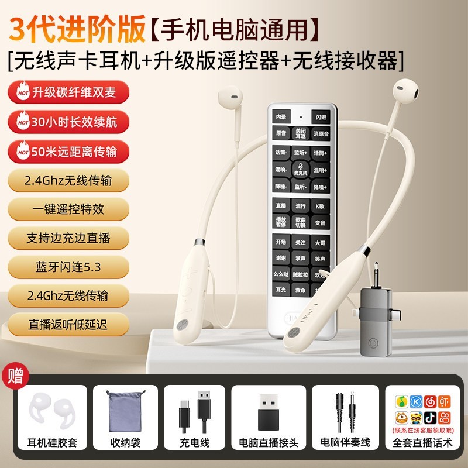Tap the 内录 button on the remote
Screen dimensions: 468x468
(x=281, y=116)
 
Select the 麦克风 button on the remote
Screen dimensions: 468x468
(x=301, y=170)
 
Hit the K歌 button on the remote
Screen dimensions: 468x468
(x=319, y=206)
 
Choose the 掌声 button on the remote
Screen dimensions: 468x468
(x=301, y=258)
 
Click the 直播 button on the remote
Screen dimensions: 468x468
(x=281, y=206)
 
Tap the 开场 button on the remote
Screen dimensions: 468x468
(x=281, y=241)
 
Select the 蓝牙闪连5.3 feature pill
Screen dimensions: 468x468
(x=68, y=267)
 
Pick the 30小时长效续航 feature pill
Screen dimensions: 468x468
(x=68, y=123)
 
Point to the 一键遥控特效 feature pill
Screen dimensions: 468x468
(x=68, y=209)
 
